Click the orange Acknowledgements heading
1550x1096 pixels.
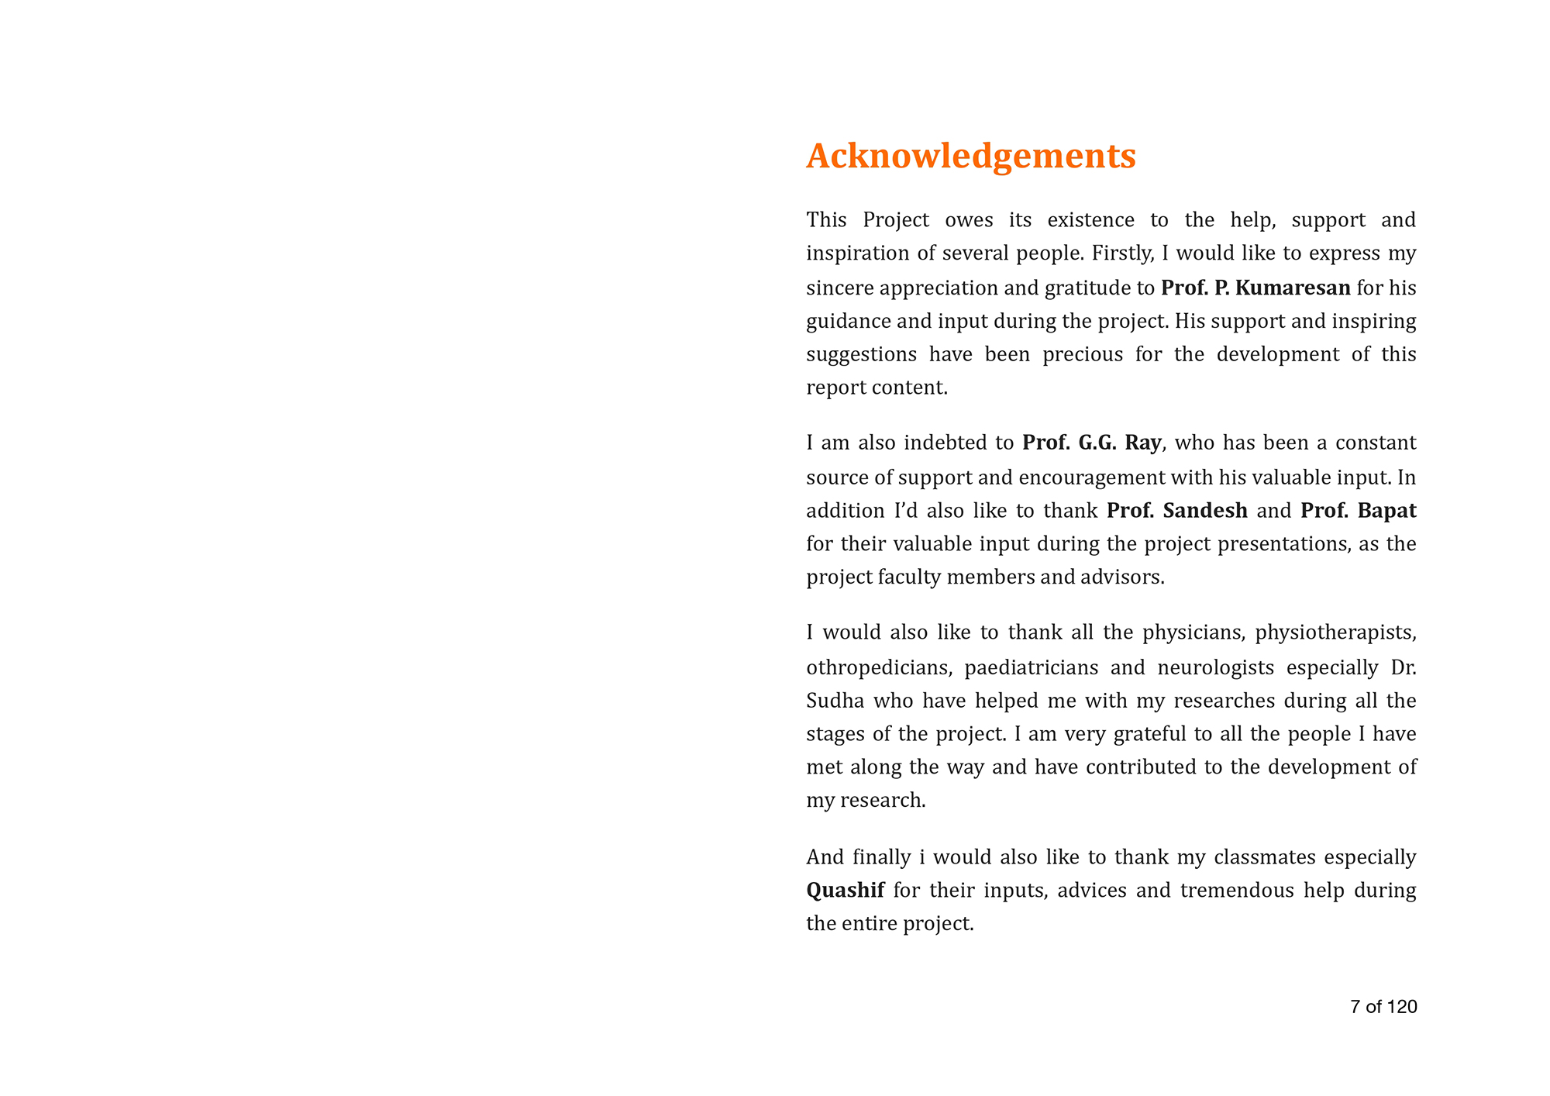(x=970, y=156)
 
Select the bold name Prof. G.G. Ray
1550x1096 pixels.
(x=1092, y=443)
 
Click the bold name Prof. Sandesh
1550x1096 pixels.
(x=1176, y=511)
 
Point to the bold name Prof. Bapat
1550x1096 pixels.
(x=1358, y=511)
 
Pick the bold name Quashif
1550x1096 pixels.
(x=845, y=891)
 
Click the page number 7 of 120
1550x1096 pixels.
(x=1383, y=1007)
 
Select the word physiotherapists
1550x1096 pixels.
(x=1335, y=633)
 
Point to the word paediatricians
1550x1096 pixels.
(x=1031, y=667)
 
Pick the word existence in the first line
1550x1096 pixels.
(x=1090, y=220)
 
